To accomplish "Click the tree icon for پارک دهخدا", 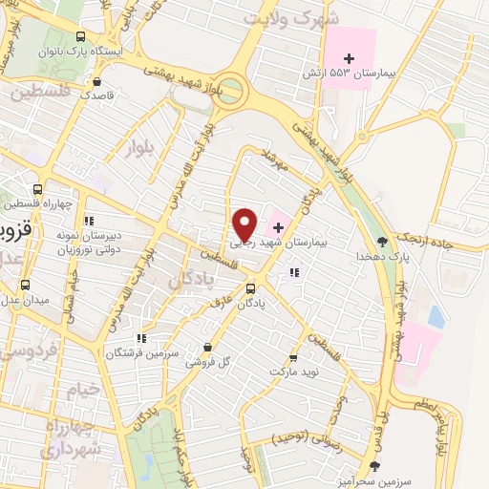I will pos(383,241).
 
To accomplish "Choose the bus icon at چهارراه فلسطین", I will pos(36,188).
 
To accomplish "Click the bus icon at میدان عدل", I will pos(25,284).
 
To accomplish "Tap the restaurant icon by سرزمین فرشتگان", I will pos(141,337).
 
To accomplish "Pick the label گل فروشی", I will pos(209,363).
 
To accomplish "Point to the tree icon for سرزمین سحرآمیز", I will pos(373,465).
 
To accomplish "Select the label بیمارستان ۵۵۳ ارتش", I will pos(360,74).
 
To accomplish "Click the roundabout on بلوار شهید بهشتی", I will pos(230,94).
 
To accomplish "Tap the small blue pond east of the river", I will pos(436,316).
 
